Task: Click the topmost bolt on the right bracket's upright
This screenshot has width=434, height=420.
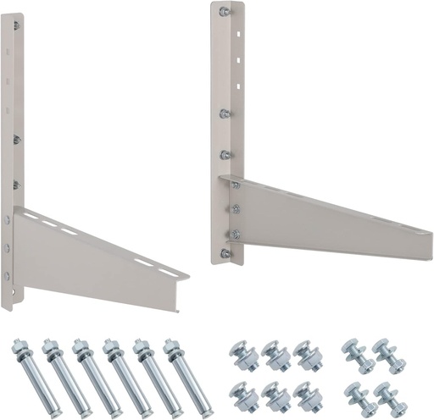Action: click(x=225, y=12)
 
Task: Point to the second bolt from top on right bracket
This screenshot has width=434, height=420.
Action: click(x=225, y=113)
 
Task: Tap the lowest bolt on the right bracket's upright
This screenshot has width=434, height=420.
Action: click(x=225, y=253)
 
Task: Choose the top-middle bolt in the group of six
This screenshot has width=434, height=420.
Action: click(x=275, y=354)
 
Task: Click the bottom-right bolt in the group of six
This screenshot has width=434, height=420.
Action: click(x=307, y=394)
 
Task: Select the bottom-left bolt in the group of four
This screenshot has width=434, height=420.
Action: click(x=357, y=394)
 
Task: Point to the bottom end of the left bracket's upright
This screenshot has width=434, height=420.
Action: click(x=8, y=305)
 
